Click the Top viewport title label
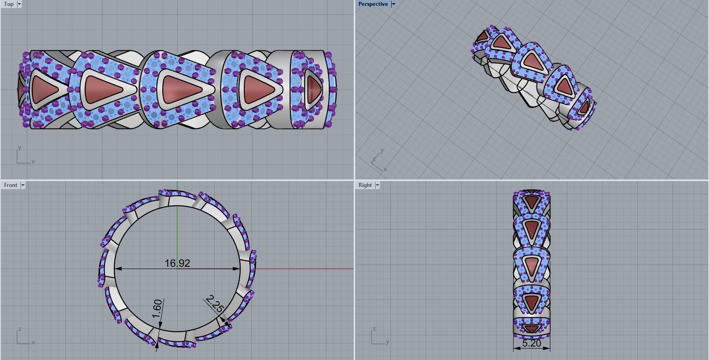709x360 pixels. coord(9,4)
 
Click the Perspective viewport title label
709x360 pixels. coord(373,4)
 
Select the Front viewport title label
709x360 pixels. coord(10,185)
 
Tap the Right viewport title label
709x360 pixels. coord(365,185)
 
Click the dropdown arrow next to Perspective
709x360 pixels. coord(393,4)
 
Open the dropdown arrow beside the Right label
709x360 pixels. coord(377,185)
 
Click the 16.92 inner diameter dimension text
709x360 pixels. coord(177,263)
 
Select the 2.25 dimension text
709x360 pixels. coord(215,304)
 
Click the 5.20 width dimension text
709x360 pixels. coord(531,343)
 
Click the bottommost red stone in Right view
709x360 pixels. coord(531,329)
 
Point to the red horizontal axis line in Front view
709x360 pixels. coord(305,269)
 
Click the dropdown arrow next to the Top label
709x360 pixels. coord(19,4)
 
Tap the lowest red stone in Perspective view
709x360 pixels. coord(584,108)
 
